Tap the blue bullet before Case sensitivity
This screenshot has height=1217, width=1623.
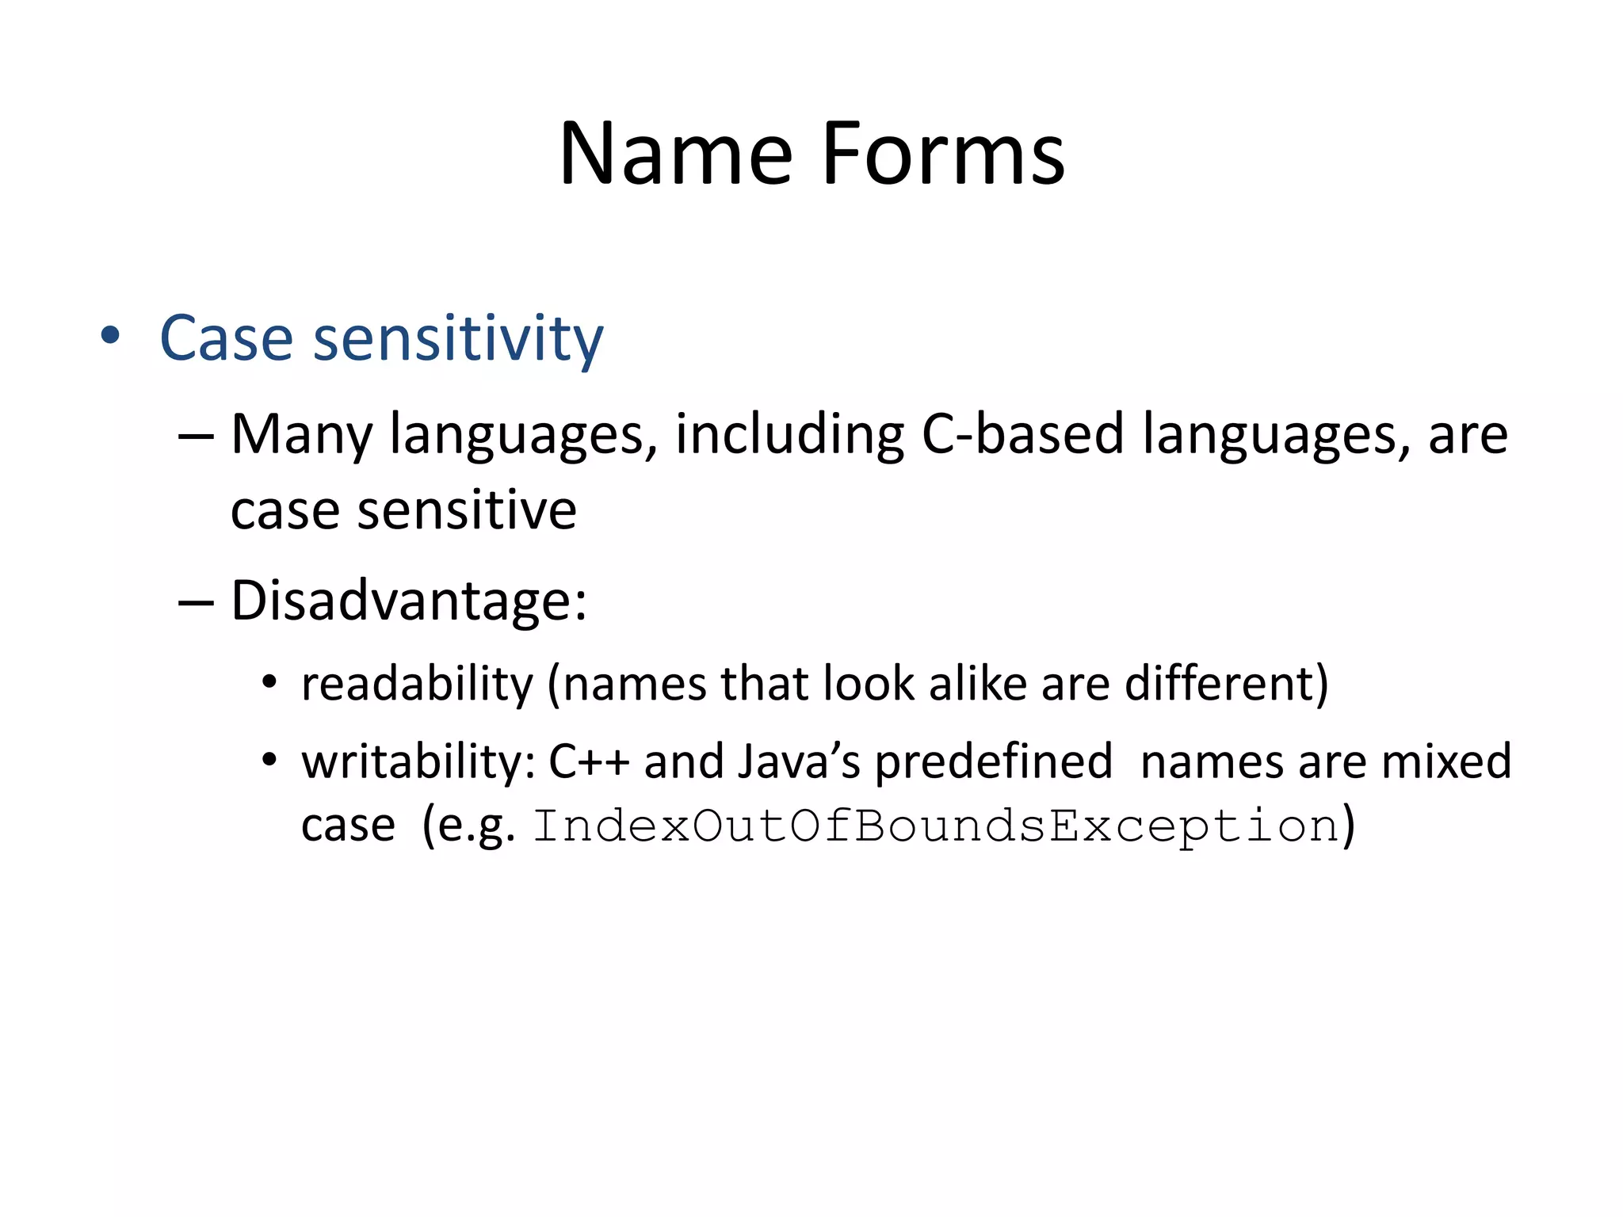110,336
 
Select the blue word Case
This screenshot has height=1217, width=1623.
226,338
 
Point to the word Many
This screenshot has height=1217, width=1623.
301,436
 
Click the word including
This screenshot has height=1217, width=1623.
789,436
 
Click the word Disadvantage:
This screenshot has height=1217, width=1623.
409,601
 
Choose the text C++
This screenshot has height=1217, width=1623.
589,762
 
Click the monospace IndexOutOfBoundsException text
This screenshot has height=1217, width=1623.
935,826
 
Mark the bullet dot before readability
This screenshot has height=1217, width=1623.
269,682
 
